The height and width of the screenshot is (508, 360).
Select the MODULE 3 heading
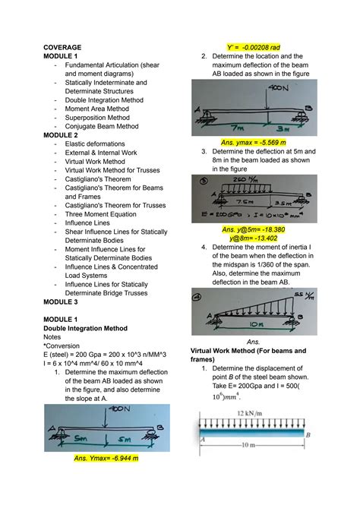click(x=64, y=301)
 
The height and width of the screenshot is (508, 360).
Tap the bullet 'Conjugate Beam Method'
click(x=102, y=127)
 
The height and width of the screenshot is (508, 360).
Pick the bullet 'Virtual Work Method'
click(x=95, y=162)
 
